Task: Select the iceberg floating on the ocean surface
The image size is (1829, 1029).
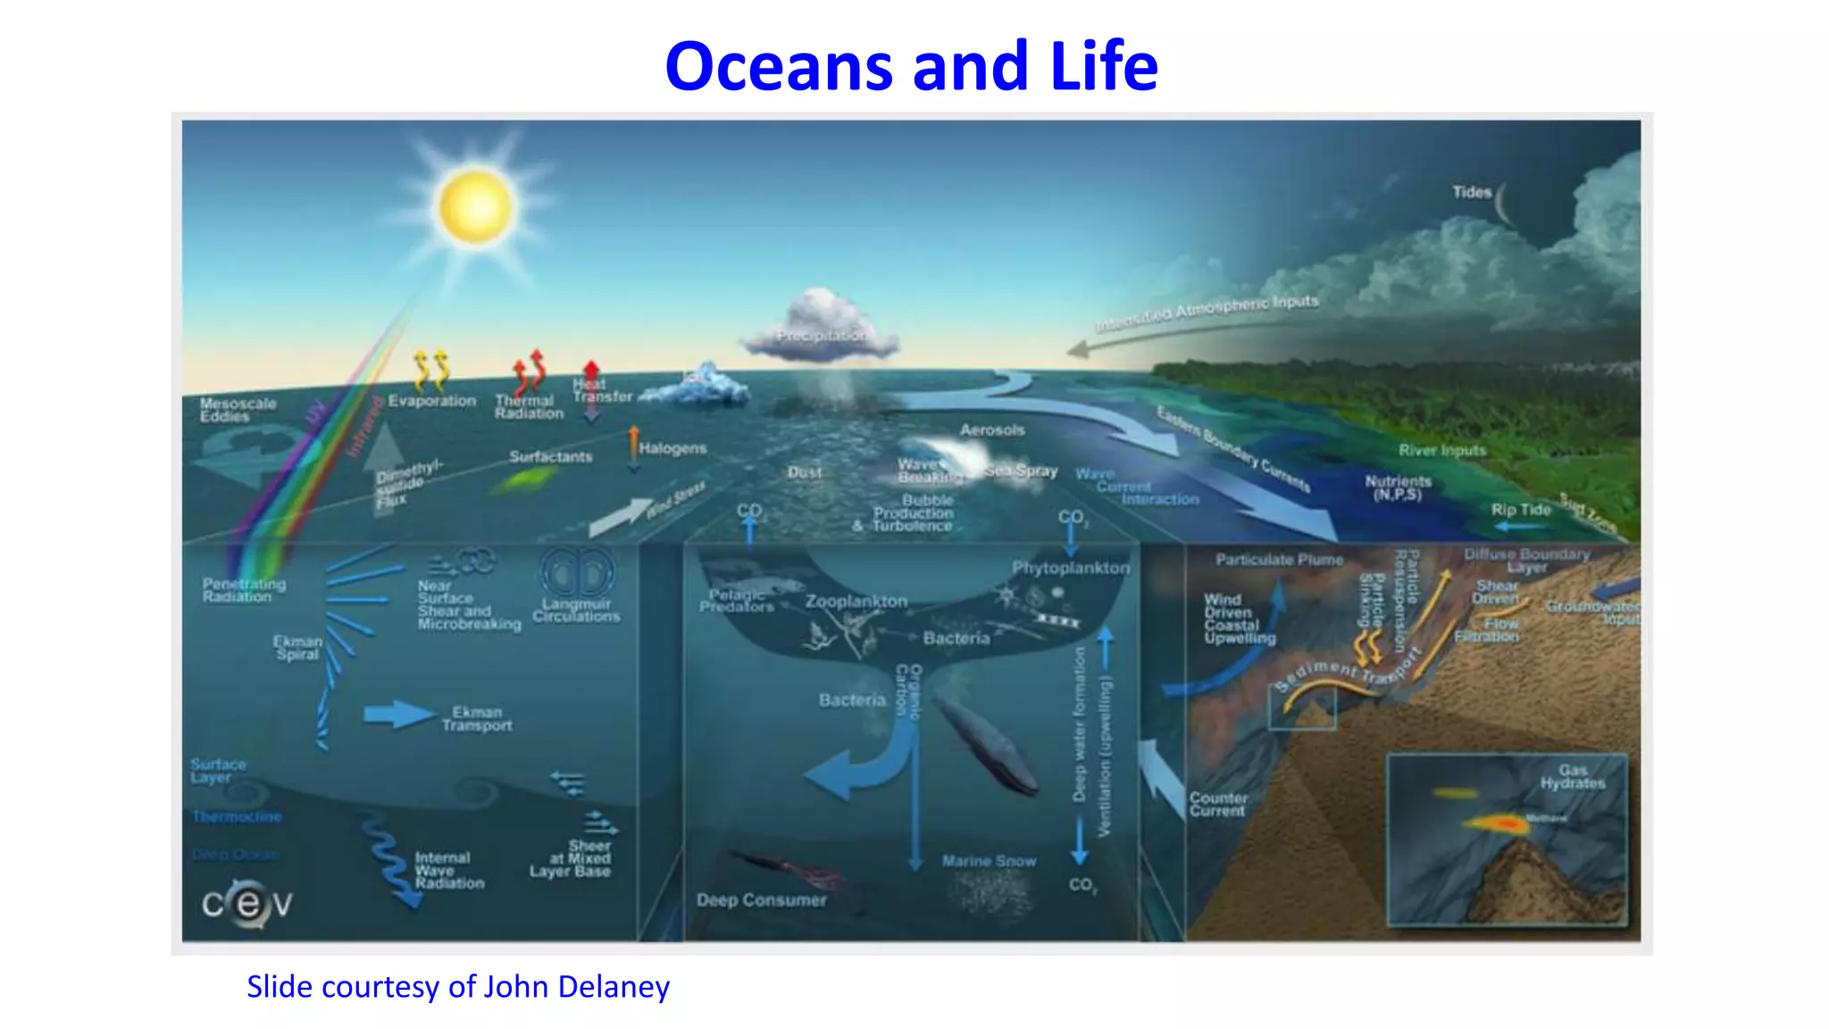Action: click(x=701, y=386)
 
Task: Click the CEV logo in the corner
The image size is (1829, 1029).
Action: click(x=246, y=904)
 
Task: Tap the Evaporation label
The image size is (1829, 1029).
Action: click(x=432, y=401)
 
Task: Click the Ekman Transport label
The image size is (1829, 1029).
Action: click(x=477, y=719)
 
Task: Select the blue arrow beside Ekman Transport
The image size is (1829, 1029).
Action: click(x=397, y=714)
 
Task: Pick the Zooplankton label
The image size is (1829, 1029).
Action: click(x=856, y=601)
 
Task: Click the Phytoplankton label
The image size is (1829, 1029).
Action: click(x=1070, y=568)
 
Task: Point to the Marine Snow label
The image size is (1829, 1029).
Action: click(x=989, y=861)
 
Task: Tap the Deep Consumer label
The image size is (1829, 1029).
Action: click(x=761, y=900)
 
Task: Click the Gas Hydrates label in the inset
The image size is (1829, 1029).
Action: click(x=1572, y=776)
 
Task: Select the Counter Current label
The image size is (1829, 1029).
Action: click(x=1217, y=804)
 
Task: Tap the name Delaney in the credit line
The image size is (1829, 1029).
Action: click(x=622, y=987)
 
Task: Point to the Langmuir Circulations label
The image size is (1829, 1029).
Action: click(x=576, y=610)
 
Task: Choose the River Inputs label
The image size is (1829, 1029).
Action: click(x=1441, y=450)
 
